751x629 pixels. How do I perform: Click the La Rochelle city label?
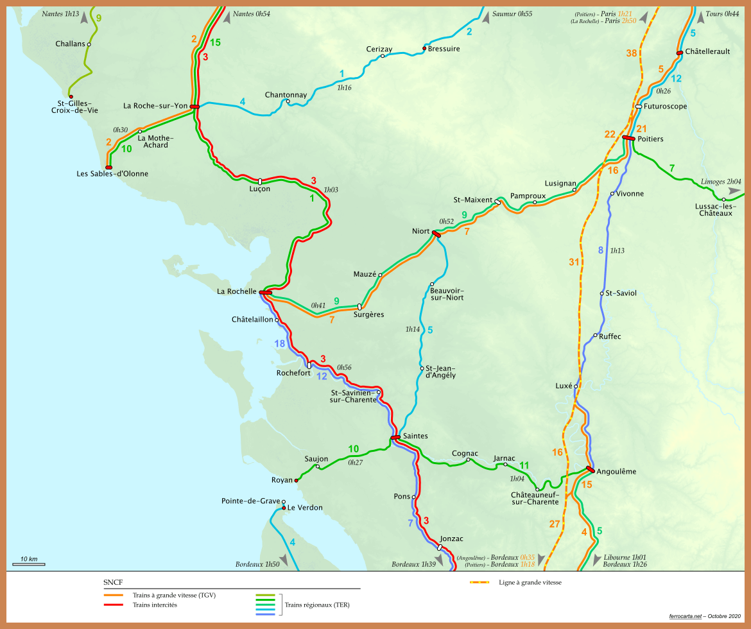(237, 291)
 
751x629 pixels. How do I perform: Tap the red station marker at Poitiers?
(628, 137)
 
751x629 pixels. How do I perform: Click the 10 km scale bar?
(28, 564)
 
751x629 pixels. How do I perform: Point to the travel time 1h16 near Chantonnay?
(344, 87)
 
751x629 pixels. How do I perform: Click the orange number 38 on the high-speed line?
(632, 53)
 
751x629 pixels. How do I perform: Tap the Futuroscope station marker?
(639, 107)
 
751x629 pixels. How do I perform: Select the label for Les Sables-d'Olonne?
(112, 173)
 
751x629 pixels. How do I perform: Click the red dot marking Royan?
(296, 480)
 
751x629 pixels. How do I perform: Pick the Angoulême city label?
(616, 471)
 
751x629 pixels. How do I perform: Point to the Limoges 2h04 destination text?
(721, 182)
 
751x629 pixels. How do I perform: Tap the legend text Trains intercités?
(155, 605)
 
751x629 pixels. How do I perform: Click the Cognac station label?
(465, 452)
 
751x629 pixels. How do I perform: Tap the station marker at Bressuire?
(424, 48)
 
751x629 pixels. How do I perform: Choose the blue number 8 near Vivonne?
(601, 250)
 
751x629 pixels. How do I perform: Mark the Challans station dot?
(89, 44)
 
